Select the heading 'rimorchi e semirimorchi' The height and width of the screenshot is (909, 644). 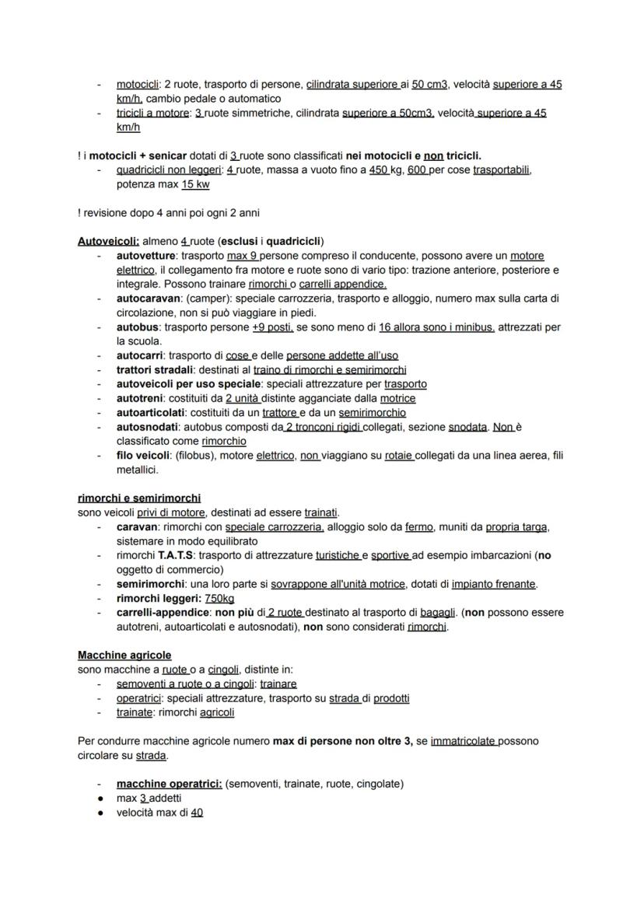(x=139, y=498)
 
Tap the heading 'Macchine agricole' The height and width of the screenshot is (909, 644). (x=124, y=656)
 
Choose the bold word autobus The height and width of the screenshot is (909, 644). (x=137, y=327)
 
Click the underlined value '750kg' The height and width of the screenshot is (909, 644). (x=219, y=598)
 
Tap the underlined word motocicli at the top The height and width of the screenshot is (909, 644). (x=138, y=84)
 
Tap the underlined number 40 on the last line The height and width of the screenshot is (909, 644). (x=197, y=813)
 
